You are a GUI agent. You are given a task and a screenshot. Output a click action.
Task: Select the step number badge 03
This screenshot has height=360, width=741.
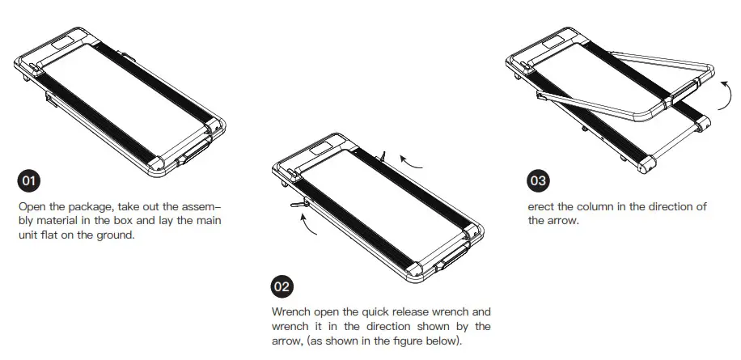pyautogui.click(x=539, y=179)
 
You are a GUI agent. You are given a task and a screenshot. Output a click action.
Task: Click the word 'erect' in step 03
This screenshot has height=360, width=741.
pyautogui.click(x=541, y=206)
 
